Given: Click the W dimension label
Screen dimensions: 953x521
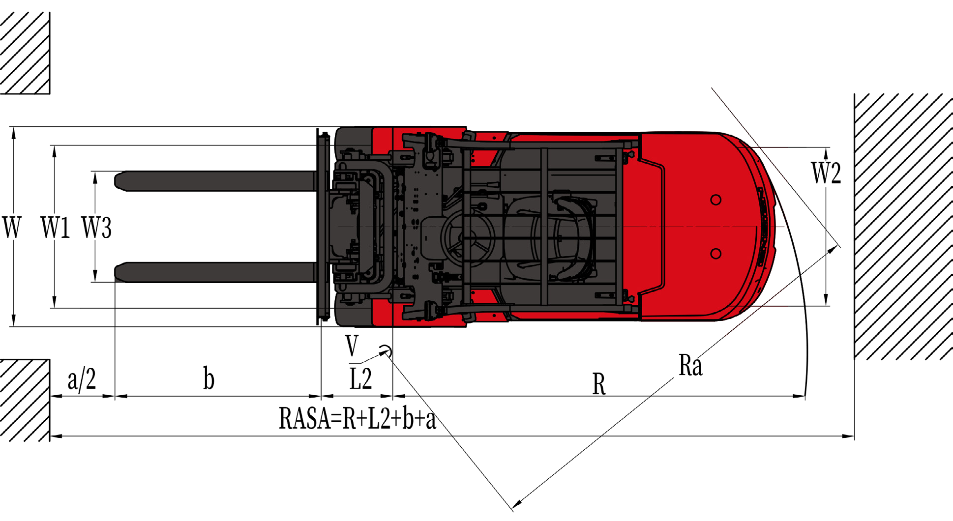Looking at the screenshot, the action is pos(12,227).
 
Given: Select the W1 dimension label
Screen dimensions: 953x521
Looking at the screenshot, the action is pos(55,227).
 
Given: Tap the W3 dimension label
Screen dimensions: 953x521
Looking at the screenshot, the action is pos(97,227).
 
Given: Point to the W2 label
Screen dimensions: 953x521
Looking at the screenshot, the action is pos(826,173).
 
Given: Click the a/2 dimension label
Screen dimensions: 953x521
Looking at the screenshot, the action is pos(82,379).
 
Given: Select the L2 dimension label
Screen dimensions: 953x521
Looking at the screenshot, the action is pos(360,379).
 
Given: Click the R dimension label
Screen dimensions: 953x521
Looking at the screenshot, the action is pos(599,384).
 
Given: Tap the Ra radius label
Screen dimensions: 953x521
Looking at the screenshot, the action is pos(690,365).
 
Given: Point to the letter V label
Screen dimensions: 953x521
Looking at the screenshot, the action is pos(352,346).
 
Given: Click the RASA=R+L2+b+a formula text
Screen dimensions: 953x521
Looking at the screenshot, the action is pos(357,419).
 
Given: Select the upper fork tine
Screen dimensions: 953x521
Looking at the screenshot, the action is pos(215,181).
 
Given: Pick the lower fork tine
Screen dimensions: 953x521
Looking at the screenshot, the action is pos(215,272).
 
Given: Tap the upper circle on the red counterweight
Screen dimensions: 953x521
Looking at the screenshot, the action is pos(716,200).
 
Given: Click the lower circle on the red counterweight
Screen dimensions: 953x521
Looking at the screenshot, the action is pos(716,254).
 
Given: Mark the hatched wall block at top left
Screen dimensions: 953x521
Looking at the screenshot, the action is pos(25,53).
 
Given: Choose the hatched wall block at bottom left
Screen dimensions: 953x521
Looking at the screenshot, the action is pos(25,400).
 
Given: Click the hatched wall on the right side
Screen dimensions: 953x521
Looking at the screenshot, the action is pos(903,226).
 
